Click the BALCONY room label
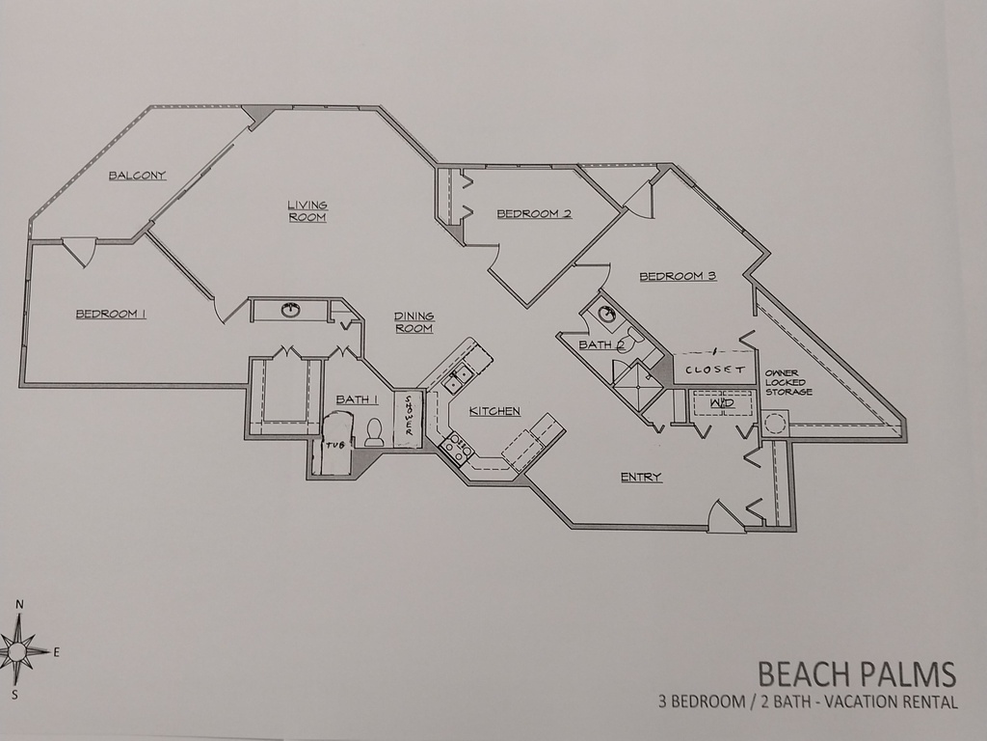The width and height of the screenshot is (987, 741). coord(137,176)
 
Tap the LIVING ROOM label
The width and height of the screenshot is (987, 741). coord(307,210)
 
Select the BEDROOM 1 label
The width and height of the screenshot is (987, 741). coord(111,314)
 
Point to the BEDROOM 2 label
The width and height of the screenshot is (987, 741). coord(534,213)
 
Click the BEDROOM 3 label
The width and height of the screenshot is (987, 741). coord(678,276)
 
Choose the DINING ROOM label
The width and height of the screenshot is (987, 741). coord(413,322)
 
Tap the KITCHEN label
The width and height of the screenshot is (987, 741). coord(494,411)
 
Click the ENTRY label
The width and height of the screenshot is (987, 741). coord(641,477)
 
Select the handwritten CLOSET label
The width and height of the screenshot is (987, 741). coord(714,370)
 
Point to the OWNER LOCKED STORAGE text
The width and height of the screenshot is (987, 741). coord(787,382)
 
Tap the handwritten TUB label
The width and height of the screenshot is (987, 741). coord(333,445)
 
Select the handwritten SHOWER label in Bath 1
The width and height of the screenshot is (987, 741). coord(408,419)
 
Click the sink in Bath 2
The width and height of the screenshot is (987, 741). coord(606,314)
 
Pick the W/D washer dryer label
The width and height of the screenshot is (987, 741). coord(722,402)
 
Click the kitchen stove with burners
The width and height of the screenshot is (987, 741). coord(454,446)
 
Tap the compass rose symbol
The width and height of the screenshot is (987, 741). coord(18,650)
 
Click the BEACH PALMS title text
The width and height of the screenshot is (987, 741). coord(856,672)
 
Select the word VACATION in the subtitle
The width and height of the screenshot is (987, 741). coord(858,702)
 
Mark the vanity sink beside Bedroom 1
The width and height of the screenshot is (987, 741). coord(289,310)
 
